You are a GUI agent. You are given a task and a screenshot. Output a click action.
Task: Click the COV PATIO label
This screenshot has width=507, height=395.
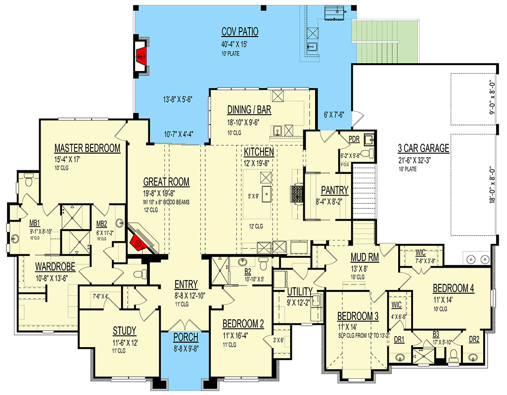(239, 32)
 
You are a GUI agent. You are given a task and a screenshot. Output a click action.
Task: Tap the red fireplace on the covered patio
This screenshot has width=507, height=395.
(141, 56)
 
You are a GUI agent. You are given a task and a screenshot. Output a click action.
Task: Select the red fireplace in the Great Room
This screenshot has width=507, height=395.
(138, 243)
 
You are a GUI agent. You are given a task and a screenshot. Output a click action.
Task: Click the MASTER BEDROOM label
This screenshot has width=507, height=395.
(87, 148)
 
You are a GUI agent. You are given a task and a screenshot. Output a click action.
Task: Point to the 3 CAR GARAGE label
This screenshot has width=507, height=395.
(423, 148)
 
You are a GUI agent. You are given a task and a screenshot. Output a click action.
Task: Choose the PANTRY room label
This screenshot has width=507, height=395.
(335, 191)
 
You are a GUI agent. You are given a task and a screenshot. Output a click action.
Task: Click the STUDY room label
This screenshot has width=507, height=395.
(125, 331)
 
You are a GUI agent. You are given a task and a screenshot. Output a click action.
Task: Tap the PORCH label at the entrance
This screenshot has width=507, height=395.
(185, 337)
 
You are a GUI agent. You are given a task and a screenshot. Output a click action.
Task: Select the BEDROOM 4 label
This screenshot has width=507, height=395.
(453, 288)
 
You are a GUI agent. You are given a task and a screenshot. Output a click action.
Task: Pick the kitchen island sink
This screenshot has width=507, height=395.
(267, 194)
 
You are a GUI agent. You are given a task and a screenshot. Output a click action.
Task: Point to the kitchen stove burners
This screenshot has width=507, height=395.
(297, 194)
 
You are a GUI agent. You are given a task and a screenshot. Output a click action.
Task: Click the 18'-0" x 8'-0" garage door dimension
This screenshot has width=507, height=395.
(492, 185)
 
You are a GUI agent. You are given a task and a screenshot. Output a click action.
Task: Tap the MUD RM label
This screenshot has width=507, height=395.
(365, 257)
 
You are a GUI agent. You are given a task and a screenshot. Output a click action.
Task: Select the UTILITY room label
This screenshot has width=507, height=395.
(300, 292)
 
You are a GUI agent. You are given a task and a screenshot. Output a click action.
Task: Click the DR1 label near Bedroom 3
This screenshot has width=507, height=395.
(399, 340)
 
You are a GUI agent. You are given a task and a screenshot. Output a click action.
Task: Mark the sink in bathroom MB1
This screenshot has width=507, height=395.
(15, 239)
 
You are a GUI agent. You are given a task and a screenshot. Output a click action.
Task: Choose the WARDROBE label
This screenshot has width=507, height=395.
(55, 267)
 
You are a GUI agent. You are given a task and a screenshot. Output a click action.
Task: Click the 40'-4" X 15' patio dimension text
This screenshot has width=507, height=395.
(234, 44)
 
